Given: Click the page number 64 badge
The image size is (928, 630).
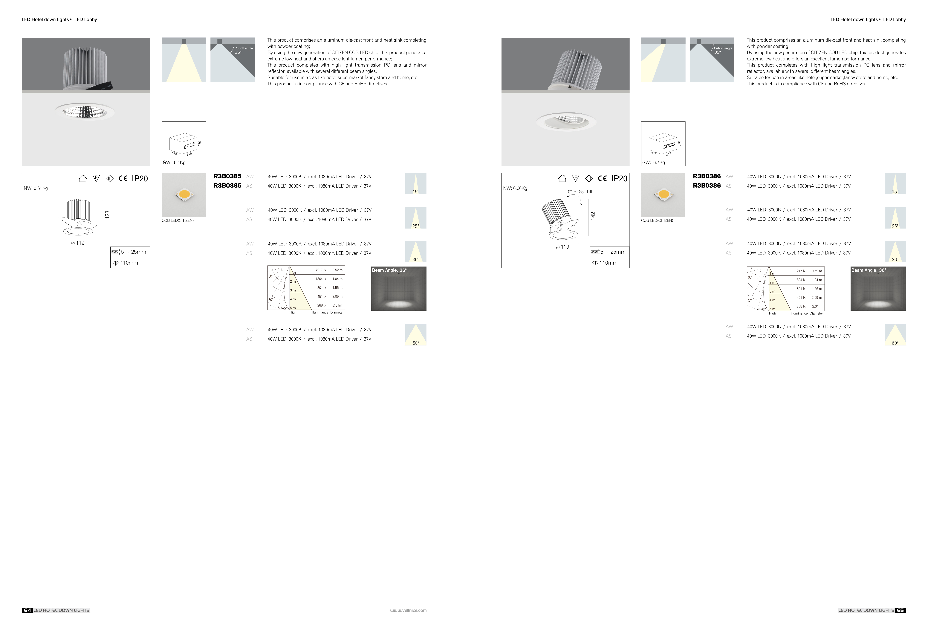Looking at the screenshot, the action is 27,610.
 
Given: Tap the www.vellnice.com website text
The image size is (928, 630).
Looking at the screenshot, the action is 408,610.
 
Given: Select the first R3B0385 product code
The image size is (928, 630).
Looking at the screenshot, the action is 227,176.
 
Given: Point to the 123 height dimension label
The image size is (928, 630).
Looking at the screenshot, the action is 107,214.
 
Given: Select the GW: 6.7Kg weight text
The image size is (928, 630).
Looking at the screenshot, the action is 654,163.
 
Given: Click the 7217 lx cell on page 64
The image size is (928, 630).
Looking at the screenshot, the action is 321,270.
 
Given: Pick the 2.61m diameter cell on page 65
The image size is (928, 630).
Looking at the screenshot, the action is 817,306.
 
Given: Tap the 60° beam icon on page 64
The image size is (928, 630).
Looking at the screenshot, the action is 416,335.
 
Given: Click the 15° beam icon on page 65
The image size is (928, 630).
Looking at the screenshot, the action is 895,183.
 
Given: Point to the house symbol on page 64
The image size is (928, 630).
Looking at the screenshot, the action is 83,178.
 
